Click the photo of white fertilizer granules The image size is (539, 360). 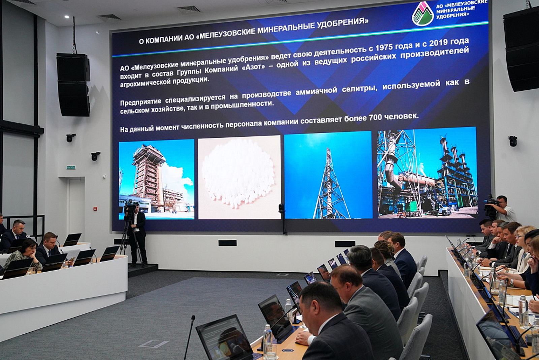click(239, 177)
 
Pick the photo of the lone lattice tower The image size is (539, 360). click(328, 175)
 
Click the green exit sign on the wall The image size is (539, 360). click(71, 167)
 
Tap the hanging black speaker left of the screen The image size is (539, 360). click(73, 85)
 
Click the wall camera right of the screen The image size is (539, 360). click(512, 141)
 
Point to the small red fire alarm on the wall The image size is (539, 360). click(95, 209)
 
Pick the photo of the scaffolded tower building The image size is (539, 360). click(156, 179)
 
